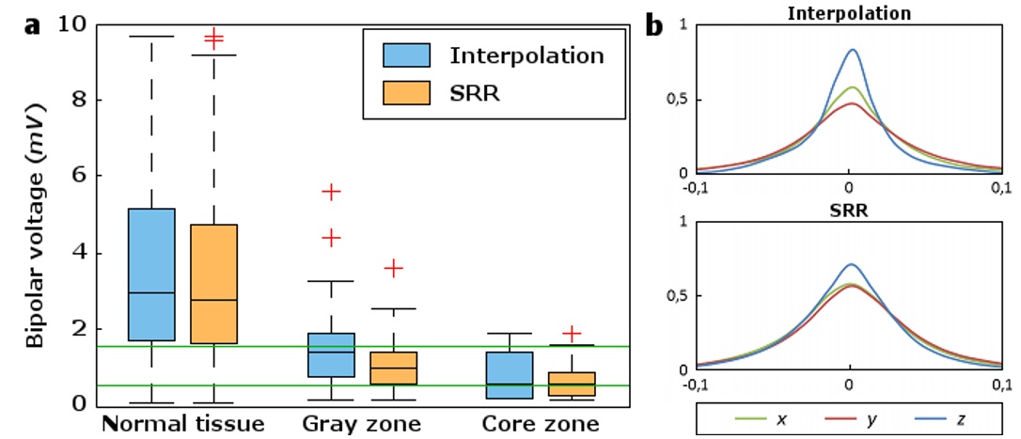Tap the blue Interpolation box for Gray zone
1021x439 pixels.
pos(330,354)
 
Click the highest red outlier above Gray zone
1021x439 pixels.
pos(330,191)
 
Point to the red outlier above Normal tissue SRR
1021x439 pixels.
pos(214,39)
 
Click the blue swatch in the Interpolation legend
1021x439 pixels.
pos(406,55)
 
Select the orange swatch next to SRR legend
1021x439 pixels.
pos(406,93)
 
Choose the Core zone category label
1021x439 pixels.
pos(540,424)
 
